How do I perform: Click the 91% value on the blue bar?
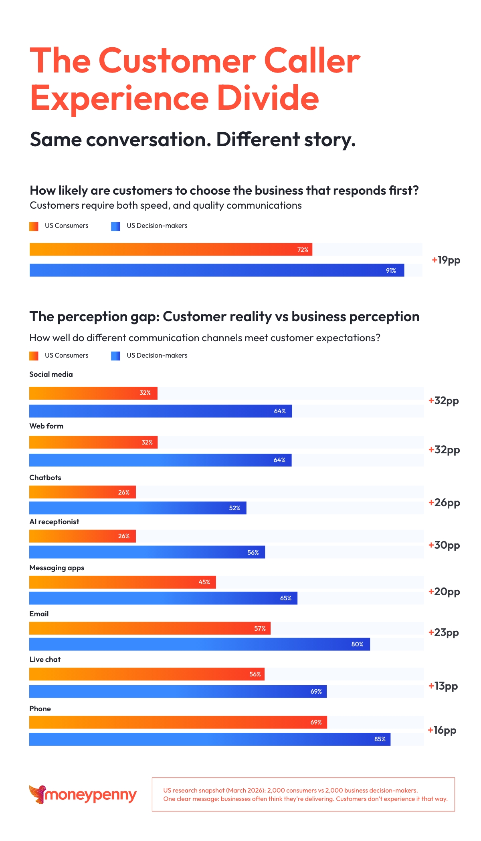click(391, 271)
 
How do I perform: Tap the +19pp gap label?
click(446, 260)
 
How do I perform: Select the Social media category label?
click(51, 374)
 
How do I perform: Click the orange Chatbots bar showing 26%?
click(82, 492)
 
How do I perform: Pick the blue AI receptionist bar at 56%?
click(147, 552)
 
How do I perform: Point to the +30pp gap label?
click(444, 545)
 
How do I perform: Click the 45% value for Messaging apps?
click(204, 582)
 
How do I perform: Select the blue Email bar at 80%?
click(199, 644)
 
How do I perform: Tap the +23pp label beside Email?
click(444, 633)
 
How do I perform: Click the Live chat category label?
click(45, 660)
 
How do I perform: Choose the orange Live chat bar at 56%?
click(147, 674)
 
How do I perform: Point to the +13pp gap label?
click(443, 686)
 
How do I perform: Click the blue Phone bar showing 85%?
click(210, 739)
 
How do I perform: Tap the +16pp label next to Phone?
click(442, 730)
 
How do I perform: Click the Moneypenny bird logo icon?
click(37, 794)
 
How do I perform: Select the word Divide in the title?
click(268, 98)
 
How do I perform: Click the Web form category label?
click(46, 426)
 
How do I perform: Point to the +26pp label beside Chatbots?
click(444, 503)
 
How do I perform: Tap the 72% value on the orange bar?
click(303, 250)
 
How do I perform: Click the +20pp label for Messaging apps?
click(444, 592)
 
